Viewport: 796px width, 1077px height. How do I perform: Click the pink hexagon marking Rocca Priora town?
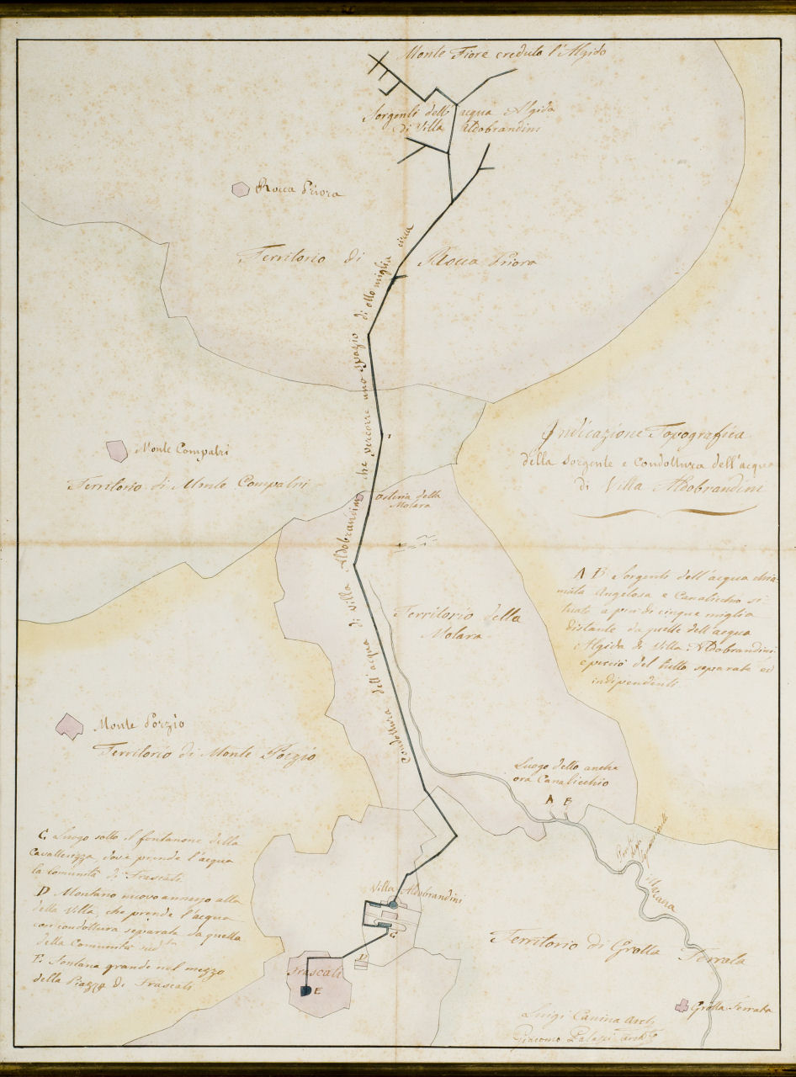click(x=241, y=189)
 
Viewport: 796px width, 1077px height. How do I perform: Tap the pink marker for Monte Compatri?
click(x=116, y=450)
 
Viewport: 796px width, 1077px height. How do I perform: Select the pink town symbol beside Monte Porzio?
click(x=69, y=725)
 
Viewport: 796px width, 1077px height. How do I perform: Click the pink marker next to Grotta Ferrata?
click(x=682, y=1005)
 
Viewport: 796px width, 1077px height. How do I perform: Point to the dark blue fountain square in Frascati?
click(x=305, y=991)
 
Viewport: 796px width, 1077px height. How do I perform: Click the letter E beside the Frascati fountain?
click(x=317, y=991)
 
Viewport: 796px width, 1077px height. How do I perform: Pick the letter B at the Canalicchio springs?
click(x=568, y=800)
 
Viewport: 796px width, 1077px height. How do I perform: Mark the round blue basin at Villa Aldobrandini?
click(x=393, y=905)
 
